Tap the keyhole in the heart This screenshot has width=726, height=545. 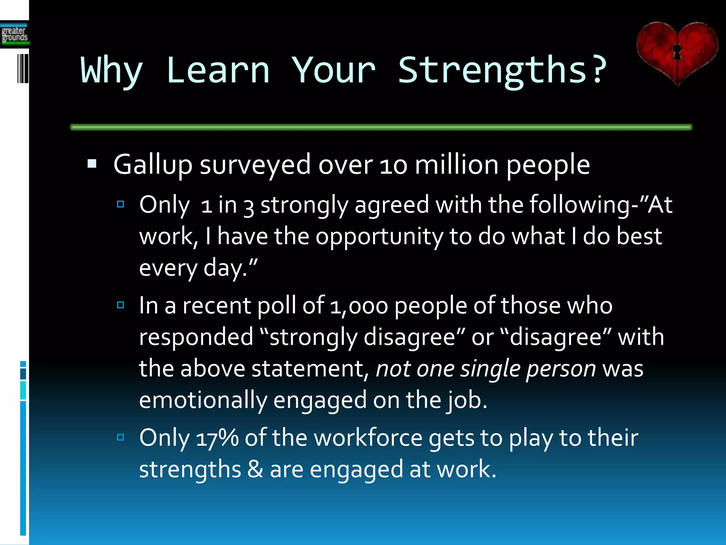click(x=677, y=52)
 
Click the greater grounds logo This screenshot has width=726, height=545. click(x=14, y=34)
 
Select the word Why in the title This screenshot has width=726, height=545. click(x=112, y=70)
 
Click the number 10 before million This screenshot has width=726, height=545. click(x=393, y=166)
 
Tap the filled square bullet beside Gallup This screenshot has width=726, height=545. click(x=92, y=164)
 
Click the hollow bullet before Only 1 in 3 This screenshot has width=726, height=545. click(x=121, y=204)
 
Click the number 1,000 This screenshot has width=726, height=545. click(x=359, y=306)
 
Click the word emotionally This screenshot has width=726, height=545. click(x=203, y=400)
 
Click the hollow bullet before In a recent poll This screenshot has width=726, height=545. click(x=121, y=305)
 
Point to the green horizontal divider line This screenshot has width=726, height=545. click(x=381, y=127)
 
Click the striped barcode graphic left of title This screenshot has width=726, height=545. click(x=23, y=68)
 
